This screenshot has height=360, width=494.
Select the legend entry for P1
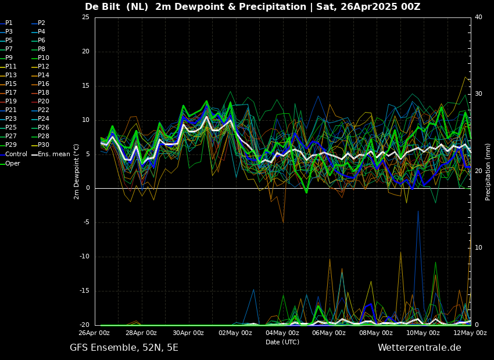tap(9, 23)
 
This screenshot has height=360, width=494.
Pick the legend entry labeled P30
tap(44, 145)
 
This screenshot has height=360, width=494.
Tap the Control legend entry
tap(16, 154)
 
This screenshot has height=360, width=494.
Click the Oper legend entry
tap(12, 164)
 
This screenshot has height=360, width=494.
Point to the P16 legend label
tap(44, 84)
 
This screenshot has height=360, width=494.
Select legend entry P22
tap(44, 110)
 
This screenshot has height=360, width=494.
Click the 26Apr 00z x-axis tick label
tap(94, 333)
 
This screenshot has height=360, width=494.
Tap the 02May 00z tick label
tap(235, 333)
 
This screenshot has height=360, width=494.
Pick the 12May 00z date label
tap(470, 333)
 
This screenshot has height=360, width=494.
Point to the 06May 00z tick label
tap(329, 333)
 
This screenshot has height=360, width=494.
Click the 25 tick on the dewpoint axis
tap(85, 17)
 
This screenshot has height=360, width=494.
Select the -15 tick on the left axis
tap(84, 291)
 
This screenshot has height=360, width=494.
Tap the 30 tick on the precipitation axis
tap(478, 94)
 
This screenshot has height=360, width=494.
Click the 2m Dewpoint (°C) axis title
tap(77, 171)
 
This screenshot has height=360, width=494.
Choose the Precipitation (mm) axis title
tap(488, 171)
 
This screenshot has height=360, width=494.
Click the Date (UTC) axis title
tap(282, 342)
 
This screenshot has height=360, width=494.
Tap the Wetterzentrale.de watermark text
tap(419, 348)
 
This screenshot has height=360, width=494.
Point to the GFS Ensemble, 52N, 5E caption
tap(124, 348)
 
